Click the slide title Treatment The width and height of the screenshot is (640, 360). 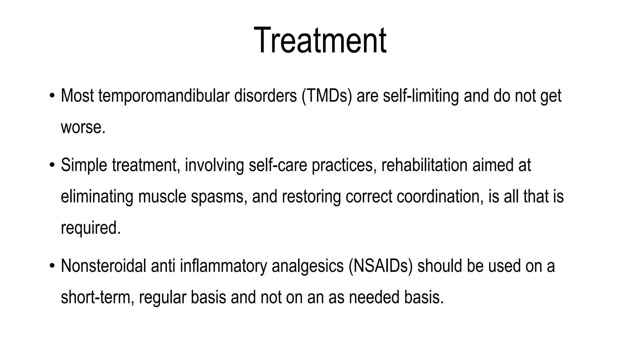320,41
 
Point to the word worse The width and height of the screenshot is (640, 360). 82,127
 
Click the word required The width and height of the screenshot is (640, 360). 90,228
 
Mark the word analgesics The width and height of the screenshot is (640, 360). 307,266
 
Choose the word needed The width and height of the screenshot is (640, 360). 374,297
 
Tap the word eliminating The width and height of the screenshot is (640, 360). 97,197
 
